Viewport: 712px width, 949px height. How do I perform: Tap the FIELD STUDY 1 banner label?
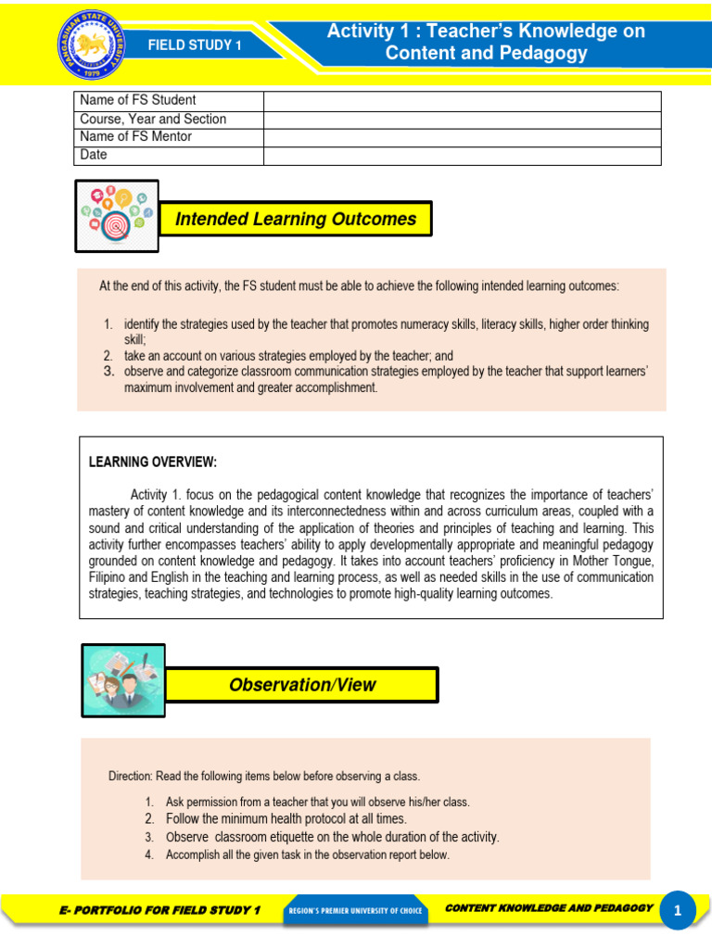pos(196,44)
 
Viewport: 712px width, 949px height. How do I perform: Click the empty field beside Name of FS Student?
pos(462,100)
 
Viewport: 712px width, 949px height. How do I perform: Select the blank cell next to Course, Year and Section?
pos(462,119)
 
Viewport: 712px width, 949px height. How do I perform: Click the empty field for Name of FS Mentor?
pos(462,137)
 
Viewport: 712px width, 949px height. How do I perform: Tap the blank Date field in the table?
pos(462,156)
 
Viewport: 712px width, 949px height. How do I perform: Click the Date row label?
pos(94,155)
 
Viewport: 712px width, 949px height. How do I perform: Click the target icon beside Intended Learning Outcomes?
pos(117,216)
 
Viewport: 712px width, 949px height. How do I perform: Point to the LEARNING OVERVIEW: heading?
pos(152,462)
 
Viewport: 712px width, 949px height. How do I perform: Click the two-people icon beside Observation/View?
pos(123,681)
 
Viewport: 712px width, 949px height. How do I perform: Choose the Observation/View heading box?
pos(303,685)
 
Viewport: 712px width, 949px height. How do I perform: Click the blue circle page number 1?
pos(678,911)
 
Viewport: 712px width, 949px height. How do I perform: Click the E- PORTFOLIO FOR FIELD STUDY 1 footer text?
pos(159,910)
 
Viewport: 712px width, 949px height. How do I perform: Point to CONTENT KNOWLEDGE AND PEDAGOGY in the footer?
pos(549,908)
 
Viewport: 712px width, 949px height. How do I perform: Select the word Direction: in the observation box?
pos(130,776)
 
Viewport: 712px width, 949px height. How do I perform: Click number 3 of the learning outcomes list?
pos(108,372)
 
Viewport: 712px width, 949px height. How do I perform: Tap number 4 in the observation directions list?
pos(149,854)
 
